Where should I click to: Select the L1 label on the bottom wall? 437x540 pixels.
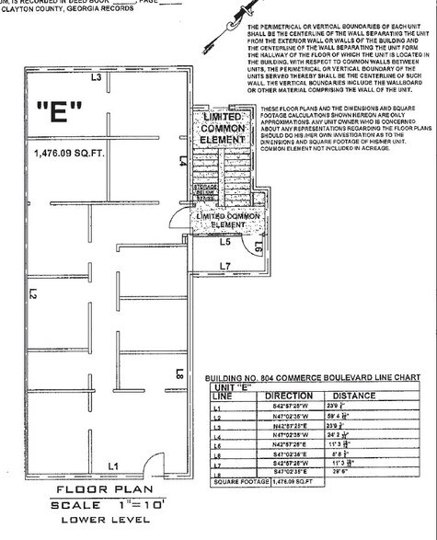pyautogui.click(x=112, y=466)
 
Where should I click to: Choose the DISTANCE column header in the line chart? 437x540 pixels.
pyautogui.click(x=353, y=396)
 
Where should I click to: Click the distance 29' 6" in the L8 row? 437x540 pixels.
pyautogui.click(x=345, y=471)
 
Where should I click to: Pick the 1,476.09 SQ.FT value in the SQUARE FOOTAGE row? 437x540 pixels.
pyautogui.click(x=293, y=481)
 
